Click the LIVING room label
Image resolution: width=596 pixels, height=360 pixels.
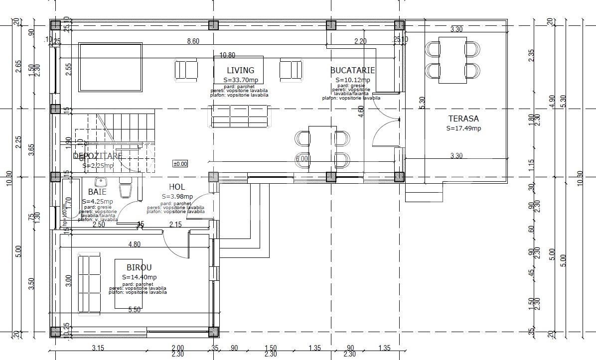(x=240, y=71)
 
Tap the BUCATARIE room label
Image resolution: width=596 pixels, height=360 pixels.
(x=352, y=71)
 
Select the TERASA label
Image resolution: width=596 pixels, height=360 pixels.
(x=463, y=119)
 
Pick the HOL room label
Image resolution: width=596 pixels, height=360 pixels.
(x=177, y=187)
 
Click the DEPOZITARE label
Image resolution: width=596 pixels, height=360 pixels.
(x=98, y=156)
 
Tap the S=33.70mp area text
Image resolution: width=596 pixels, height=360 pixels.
(x=241, y=80)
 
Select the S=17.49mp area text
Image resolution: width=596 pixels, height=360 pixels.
(x=463, y=128)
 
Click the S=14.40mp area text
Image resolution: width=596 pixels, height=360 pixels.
(x=140, y=277)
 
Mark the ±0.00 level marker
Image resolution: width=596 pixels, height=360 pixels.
(x=180, y=164)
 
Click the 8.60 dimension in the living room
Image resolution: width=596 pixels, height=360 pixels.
(x=193, y=41)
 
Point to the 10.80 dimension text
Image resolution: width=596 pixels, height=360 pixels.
(x=227, y=55)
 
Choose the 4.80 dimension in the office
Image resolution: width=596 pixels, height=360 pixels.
(x=135, y=244)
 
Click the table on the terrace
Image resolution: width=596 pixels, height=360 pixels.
(x=452, y=60)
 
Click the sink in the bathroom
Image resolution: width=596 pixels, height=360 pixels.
(x=101, y=181)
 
